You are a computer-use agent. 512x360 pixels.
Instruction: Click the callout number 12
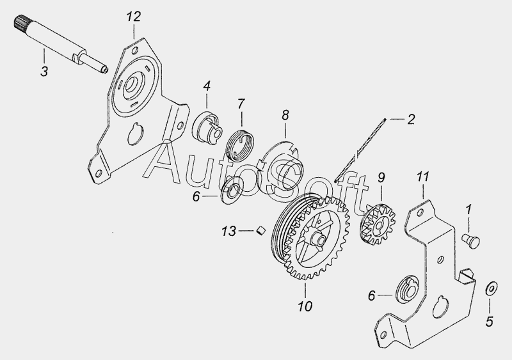tap(134, 17)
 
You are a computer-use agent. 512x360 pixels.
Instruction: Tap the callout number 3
tap(44, 71)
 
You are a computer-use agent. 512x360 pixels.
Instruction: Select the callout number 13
tap(228, 231)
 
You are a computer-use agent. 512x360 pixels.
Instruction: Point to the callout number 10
tap(305, 306)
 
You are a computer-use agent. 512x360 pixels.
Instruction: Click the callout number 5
tap(489, 322)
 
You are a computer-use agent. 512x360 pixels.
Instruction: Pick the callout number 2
tap(411, 119)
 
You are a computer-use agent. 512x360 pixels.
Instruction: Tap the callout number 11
tap(422, 177)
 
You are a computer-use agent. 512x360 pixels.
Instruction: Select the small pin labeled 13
tap(261, 230)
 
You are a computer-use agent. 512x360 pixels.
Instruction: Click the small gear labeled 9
tap(379, 225)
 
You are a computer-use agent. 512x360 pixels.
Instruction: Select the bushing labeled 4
tap(207, 127)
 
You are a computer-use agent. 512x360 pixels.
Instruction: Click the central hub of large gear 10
tap(317, 239)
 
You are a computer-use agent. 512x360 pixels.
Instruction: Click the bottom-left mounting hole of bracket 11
tap(383, 334)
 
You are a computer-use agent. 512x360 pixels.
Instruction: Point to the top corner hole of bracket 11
tap(420, 213)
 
